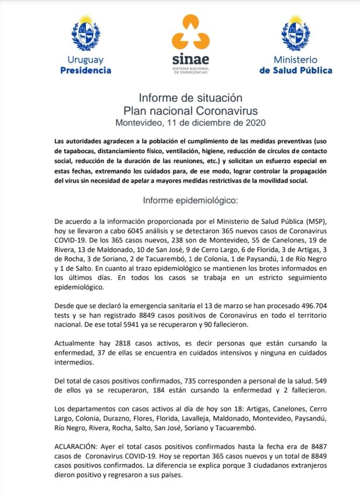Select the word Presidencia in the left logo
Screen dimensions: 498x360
tap(85, 70)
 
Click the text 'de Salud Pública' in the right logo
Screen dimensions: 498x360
tap(295, 70)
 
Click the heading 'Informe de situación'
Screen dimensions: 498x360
tap(191, 98)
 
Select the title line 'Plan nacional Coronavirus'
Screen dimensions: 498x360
tap(191, 110)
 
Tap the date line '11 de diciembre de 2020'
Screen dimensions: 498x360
tap(216, 123)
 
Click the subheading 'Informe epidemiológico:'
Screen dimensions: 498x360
tap(191, 200)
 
